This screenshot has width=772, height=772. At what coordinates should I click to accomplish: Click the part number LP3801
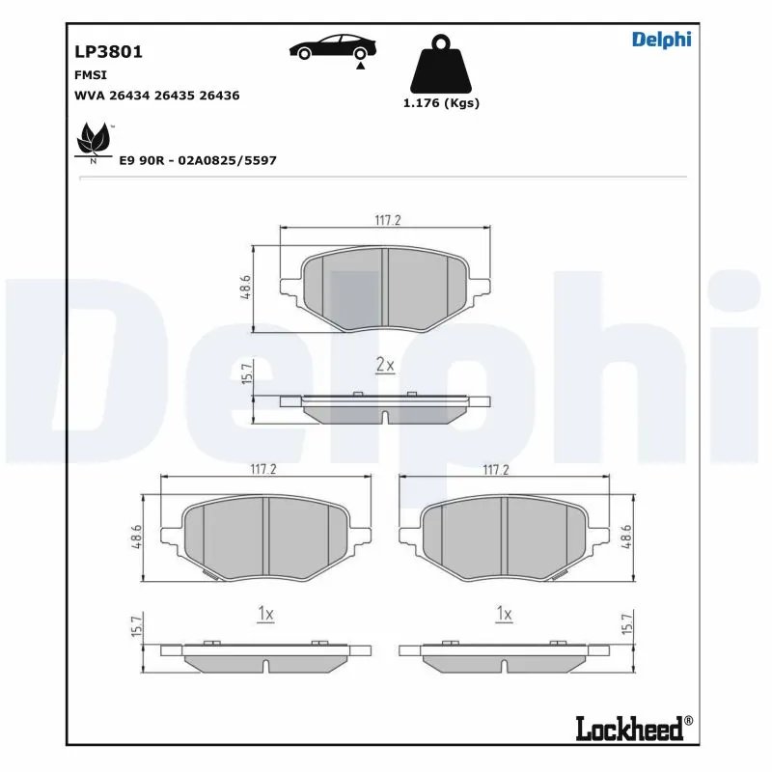pos(108,51)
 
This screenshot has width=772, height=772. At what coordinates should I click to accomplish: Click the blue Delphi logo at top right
pos(661,40)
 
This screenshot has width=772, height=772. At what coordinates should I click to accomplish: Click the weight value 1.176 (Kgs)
pos(441,103)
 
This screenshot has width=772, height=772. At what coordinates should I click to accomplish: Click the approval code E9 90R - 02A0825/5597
pos(197,160)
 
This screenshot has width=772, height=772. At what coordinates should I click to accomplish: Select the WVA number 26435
pos(183,96)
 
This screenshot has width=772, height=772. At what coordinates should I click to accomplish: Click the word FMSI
pos(91,74)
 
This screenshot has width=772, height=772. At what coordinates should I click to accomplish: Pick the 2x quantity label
pos(385,364)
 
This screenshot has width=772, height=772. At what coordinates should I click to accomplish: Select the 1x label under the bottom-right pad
pos(503,614)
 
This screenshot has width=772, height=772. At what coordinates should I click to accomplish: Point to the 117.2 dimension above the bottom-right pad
pos(495,469)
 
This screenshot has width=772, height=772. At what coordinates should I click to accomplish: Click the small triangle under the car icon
pos(359,67)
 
